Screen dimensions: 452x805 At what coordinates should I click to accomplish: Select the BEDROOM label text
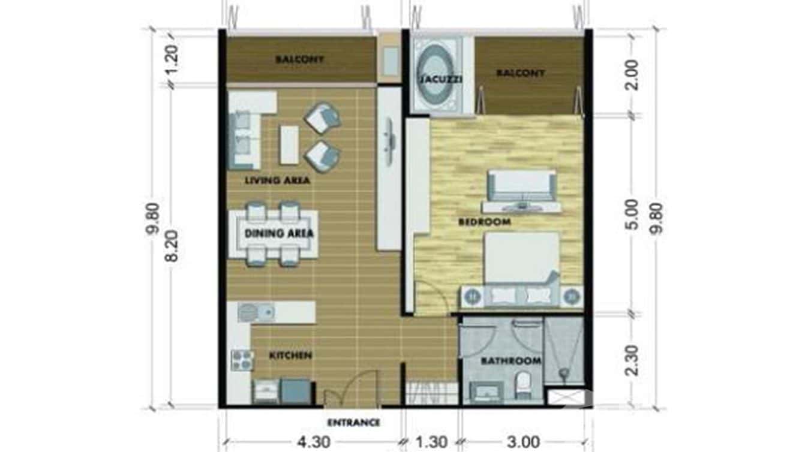pos(484,222)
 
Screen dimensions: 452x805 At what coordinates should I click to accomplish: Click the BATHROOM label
pos(511,361)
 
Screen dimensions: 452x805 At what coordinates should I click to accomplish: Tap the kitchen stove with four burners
pos(242,360)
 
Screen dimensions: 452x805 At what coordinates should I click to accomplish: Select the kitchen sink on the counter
pos(256,312)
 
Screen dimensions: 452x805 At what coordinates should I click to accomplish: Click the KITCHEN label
pos(290,355)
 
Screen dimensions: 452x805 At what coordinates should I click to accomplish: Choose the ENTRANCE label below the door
pos(353,423)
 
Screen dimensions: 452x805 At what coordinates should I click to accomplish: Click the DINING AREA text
pos(279,234)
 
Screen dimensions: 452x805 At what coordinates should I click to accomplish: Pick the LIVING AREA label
pos(277,180)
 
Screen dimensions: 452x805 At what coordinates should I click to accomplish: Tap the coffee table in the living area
pos(289,144)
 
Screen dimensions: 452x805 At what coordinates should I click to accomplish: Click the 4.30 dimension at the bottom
pos(313,442)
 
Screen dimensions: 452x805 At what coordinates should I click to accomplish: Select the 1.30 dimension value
pos(431,442)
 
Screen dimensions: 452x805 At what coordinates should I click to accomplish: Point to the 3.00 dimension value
pos(523,442)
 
